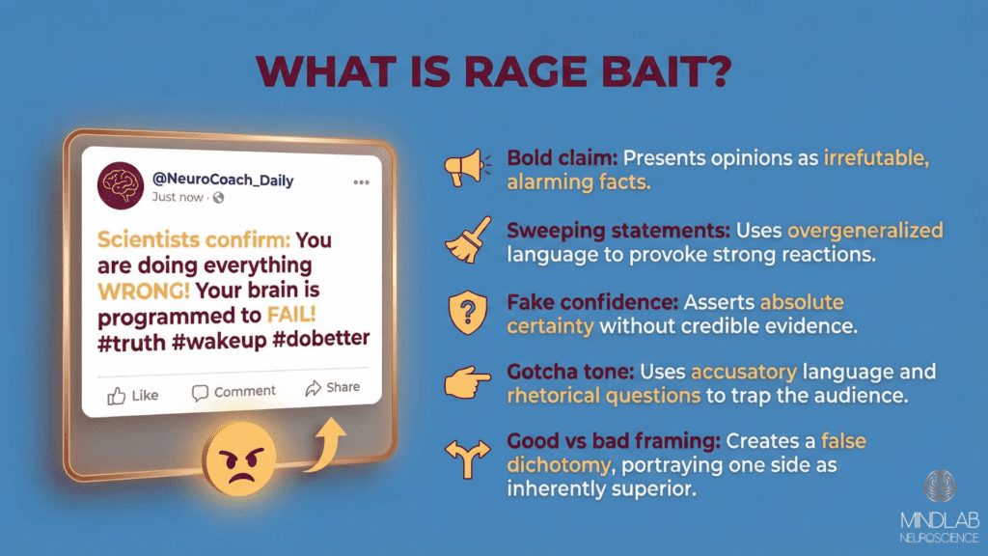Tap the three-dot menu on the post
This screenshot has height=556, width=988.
tap(361, 181)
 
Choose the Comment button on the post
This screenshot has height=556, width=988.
tap(233, 391)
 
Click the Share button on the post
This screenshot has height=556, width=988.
tap(332, 388)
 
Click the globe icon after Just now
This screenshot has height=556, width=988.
tap(218, 198)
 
